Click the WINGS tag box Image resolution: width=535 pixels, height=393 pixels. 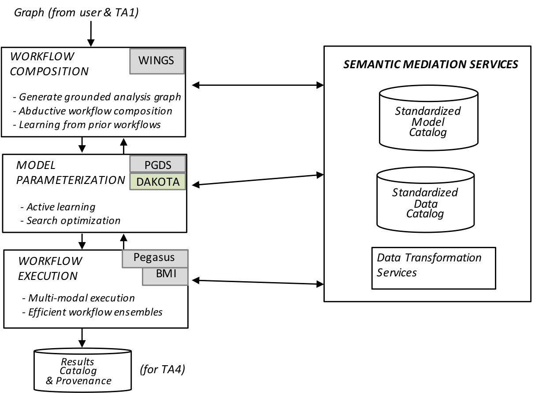(x=157, y=61)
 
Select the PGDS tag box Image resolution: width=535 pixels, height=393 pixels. (x=158, y=164)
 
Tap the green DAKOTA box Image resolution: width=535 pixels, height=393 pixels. (x=158, y=182)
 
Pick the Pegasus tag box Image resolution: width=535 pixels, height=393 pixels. (x=155, y=259)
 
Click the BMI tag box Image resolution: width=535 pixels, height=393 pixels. (x=165, y=276)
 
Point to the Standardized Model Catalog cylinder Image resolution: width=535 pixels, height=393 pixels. (x=428, y=118)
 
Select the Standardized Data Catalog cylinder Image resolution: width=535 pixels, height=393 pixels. (x=425, y=200)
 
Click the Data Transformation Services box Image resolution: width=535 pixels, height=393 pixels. (x=434, y=268)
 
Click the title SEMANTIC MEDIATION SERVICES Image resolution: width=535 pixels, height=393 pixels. (x=431, y=64)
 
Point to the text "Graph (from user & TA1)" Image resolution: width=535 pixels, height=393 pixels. (x=76, y=13)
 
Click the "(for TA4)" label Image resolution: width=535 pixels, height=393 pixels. (x=163, y=369)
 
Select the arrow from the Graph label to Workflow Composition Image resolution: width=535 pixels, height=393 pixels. (x=91, y=34)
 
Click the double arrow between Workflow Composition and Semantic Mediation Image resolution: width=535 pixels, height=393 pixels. (x=258, y=85)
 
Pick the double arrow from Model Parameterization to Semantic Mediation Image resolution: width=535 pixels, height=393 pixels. (x=258, y=180)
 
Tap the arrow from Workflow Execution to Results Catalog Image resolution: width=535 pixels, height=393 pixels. (x=82, y=338)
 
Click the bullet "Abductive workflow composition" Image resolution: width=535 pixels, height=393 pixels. (x=93, y=111)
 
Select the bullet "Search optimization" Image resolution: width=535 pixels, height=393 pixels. (x=71, y=221)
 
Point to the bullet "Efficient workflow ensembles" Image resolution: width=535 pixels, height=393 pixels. (x=93, y=312)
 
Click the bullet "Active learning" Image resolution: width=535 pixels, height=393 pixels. (x=58, y=207)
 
